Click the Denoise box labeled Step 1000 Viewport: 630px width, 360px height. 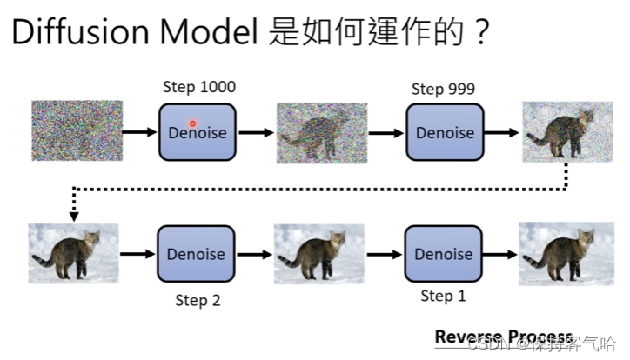tap(197, 132)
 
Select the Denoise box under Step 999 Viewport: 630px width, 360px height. tap(445, 132)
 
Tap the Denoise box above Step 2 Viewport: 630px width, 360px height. tap(196, 254)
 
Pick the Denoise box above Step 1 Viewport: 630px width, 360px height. tap(445, 254)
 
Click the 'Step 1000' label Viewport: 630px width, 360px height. tap(199, 87)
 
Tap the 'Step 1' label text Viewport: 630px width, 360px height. tap(443, 297)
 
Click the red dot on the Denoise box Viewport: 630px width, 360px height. tap(192, 124)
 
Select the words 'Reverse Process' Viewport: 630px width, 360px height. tap(503, 337)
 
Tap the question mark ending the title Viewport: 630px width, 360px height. tap(480, 33)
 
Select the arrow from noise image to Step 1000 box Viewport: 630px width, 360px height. tap(139, 133)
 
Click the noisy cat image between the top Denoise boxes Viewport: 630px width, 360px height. tap(321, 133)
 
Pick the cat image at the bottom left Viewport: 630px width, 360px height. tap(73, 254)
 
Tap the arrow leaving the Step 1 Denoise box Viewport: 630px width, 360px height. tap(499, 255)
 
